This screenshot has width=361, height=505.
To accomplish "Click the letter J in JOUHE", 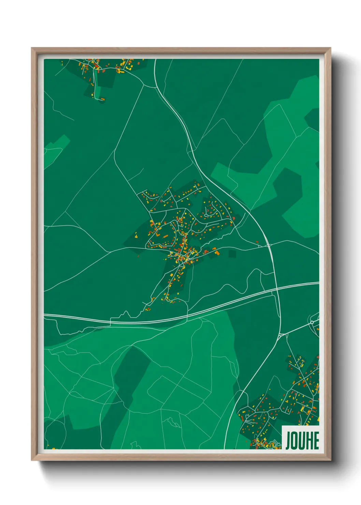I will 288,441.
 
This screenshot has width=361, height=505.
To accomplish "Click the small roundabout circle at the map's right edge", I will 312,322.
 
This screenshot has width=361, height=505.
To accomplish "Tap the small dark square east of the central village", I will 232,254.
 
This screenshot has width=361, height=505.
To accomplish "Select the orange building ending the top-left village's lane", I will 102,99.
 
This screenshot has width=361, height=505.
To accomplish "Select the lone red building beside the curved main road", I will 257,242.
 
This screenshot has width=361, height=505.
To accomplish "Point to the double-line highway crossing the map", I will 136,321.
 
